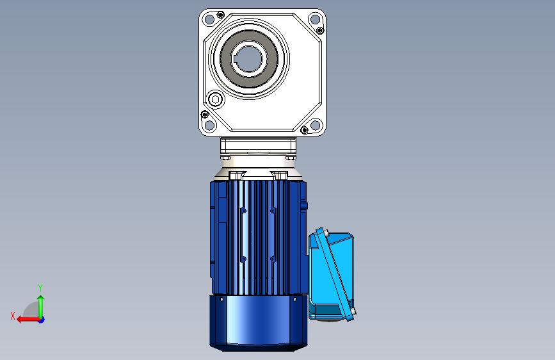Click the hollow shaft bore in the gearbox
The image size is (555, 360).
pyautogui.click(x=248, y=58)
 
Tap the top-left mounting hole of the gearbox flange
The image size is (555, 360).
pyautogui.click(x=209, y=19)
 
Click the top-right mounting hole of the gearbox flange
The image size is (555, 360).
pyautogui.click(x=315, y=19)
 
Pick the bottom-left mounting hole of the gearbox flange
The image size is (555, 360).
pyautogui.click(x=209, y=125)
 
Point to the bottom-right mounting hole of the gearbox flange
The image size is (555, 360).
pyautogui.click(x=315, y=125)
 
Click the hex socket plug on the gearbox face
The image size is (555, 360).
pyautogui.click(x=216, y=99)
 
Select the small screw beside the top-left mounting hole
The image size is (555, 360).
pyautogui.click(x=220, y=15)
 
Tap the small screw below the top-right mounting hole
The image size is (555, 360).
pyautogui.click(x=320, y=31)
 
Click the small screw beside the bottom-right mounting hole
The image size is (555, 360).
pyautogui.click(x=305, y=130)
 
